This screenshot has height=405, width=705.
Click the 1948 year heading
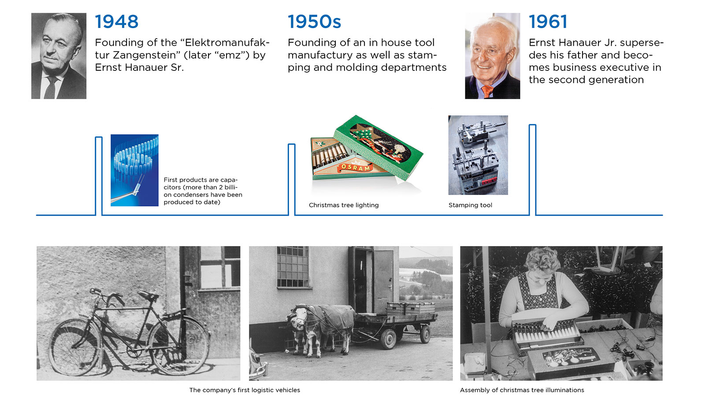click(116, 22)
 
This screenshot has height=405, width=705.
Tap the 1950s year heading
click(314, 22)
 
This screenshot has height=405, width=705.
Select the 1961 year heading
click(548, 22)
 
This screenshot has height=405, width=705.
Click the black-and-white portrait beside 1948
click(59, 56)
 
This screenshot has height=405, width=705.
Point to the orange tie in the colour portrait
click(487, 91)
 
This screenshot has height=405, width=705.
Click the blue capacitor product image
click(134, 170)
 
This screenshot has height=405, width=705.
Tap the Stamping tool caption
click(470, 205)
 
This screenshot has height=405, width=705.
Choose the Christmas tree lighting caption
click(344, 205)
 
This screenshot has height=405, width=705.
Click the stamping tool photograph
click(478, 155)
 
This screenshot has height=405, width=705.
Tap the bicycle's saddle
click(148, 295)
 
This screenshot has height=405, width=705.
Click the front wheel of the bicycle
click(74, 347)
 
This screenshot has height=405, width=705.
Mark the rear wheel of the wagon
click(425, 334)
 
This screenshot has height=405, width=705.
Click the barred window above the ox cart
click(293, 267)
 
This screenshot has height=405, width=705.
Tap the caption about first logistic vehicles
click(245, 390)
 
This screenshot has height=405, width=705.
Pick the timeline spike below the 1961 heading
click(533, 170)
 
